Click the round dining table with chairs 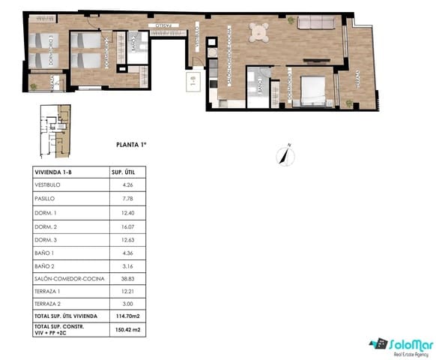click(260, 32)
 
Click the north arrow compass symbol click(284, 154)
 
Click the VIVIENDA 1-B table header click(55, 172)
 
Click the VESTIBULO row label click(48, 185)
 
